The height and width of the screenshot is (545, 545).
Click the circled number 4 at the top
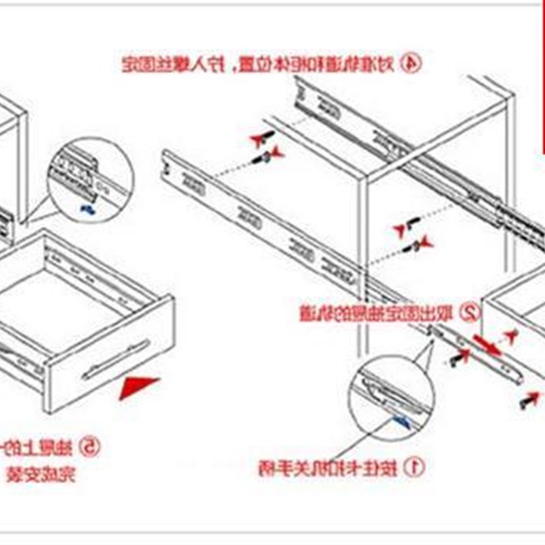tap(410, 64)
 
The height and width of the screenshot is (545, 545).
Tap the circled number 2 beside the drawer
tap(469, 313)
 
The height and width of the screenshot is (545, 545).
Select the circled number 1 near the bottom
tap(414, 467)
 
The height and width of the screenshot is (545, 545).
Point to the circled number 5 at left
tap(90, 448)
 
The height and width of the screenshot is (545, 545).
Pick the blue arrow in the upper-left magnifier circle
tap(87, 207)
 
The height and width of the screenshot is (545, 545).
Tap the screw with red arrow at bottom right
tap(529, 401)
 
